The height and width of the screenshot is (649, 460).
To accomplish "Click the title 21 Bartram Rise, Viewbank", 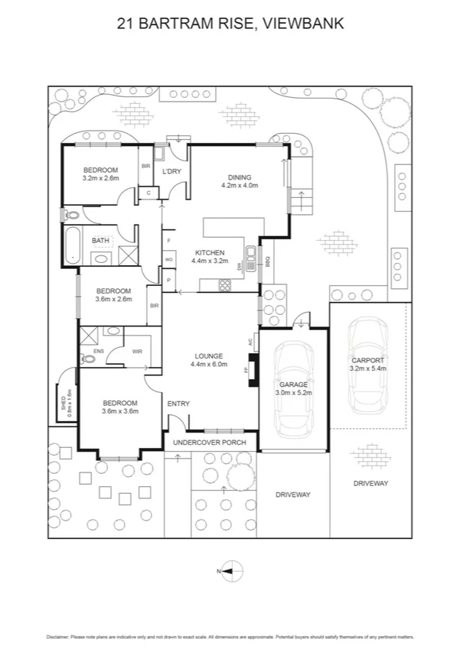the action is (x=230, y=24).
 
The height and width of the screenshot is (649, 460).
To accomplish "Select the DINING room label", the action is (x=239, y=178).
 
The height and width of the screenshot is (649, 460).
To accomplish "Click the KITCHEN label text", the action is (x=209, y=253).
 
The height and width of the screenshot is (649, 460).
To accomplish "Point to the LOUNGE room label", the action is (x=208, y=355).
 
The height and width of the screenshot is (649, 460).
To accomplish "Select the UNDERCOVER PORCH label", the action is (x=209, y=442).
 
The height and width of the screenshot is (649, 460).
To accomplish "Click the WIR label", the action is (x=137, y=352).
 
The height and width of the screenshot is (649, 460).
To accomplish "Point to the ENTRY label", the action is (x=178, y=404).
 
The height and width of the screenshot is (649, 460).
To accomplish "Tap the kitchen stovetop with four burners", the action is (x=226, y=285).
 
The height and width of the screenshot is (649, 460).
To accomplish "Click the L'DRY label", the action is (x=171, y=171).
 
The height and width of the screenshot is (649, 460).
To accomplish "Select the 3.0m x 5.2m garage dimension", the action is (x=293, y=392).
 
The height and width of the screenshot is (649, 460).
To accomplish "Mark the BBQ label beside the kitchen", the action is (x=268, y=261).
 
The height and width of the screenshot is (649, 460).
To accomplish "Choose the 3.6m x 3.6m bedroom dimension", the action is (x=120, y=411).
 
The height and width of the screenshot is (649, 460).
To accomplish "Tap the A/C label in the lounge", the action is (x=251, y=344).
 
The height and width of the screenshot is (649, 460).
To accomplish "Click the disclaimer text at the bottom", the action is (x=230, y=636).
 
